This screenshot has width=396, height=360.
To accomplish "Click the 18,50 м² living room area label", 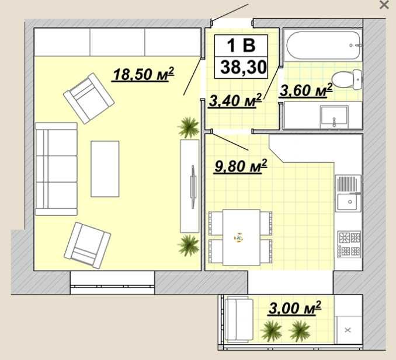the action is coord(143,74).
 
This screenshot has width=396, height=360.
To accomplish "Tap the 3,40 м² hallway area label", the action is coord(235,100).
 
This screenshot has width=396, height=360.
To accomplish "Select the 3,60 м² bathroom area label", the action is coord(306,90).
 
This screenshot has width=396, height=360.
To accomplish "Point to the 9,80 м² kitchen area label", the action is coord(241,166).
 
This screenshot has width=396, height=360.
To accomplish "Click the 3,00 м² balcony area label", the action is coord(295,307).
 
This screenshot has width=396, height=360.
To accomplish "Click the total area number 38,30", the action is coord(244,67).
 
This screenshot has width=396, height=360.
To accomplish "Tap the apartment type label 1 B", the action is coord(241,46).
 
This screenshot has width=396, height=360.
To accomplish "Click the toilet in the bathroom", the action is coord(346,79).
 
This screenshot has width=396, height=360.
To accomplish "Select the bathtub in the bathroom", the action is coord(323,45).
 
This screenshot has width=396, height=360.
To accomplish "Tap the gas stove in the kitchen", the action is coord(350,244).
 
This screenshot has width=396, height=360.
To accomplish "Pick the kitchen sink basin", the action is coord(349,202).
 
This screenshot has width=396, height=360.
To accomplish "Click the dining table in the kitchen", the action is coord(241,237).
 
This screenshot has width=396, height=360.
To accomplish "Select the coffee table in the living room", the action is coord(105,169).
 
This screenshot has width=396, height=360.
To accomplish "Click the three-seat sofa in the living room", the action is coord(56,169).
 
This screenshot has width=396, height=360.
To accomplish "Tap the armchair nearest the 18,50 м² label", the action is coord(89,99).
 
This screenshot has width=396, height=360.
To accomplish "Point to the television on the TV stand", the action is coord(193,187).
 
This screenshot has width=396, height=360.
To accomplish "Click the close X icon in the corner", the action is coord(384,5).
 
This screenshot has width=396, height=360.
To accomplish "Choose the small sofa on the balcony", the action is coord(239,320).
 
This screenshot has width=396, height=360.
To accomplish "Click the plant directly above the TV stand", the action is coord(189,128).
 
